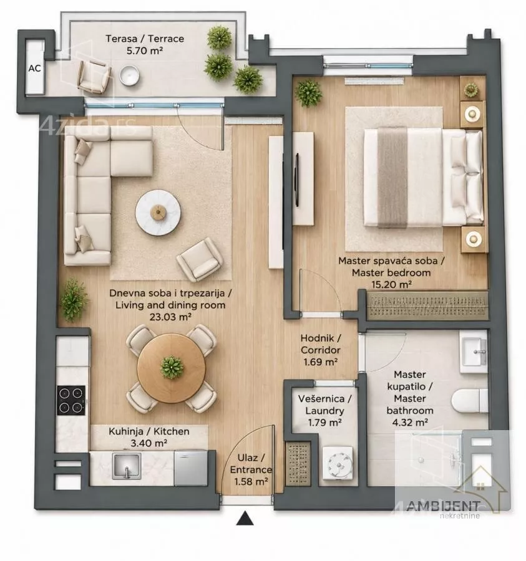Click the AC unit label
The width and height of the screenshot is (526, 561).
tap(35, 68)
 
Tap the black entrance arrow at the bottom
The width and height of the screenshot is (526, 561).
tap(245, 518)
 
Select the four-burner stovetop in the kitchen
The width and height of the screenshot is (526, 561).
tap(71, 400)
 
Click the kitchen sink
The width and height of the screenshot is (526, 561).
tap(127, 466)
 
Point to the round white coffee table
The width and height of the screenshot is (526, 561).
tap(158, 213)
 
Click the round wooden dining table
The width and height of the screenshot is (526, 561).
tap(172, 368)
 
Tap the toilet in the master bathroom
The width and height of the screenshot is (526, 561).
tap(470, 401)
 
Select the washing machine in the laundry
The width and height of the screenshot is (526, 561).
tap(338, 464)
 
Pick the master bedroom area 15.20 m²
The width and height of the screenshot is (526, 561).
tap(391, 284)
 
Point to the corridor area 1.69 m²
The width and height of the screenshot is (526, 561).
tap(321, 362)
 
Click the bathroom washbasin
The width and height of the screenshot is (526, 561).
tap(474, 352)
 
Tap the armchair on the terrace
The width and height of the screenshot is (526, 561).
tap(94, 76)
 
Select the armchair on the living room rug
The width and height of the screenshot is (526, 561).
tap(200, 259)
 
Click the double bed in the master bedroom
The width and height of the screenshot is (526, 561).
tap(423, 178)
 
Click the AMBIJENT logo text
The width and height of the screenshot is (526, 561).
tap(443, 506)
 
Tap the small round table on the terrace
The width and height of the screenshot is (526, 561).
tap(129, 75)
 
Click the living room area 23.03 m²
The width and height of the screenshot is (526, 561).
tap(170, 317)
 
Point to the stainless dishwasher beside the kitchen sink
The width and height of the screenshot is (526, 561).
tap(191, 468)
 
